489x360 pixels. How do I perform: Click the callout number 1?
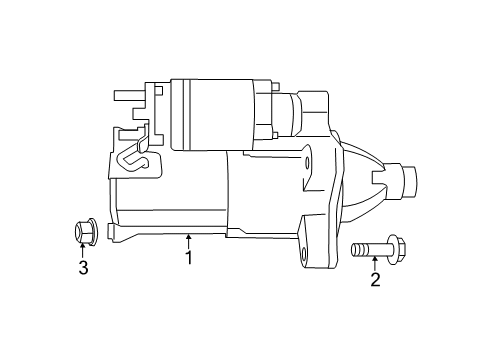click(188, 258)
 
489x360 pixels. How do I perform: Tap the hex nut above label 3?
click(83, 230)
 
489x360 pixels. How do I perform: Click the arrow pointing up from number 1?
click(188, 240)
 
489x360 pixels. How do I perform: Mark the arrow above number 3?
click(84, 249)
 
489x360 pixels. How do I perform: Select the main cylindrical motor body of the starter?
click(175, 195)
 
